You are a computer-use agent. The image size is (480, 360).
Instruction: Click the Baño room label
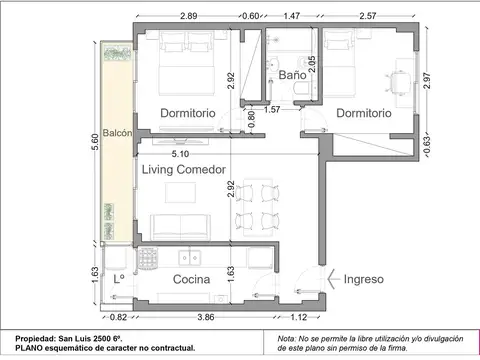click(292, 75)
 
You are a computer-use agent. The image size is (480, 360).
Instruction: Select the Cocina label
click(191, 280)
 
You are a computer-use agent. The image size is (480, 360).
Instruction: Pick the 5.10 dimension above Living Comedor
click(181, 154)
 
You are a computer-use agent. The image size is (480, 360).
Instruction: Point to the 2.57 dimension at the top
click(370, 17)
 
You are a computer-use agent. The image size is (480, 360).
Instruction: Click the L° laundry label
click(119, 280)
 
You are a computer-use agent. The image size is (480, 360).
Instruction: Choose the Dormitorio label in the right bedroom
click(363, 114)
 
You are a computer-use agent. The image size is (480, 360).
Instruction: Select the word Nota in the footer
click(288, 338)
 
